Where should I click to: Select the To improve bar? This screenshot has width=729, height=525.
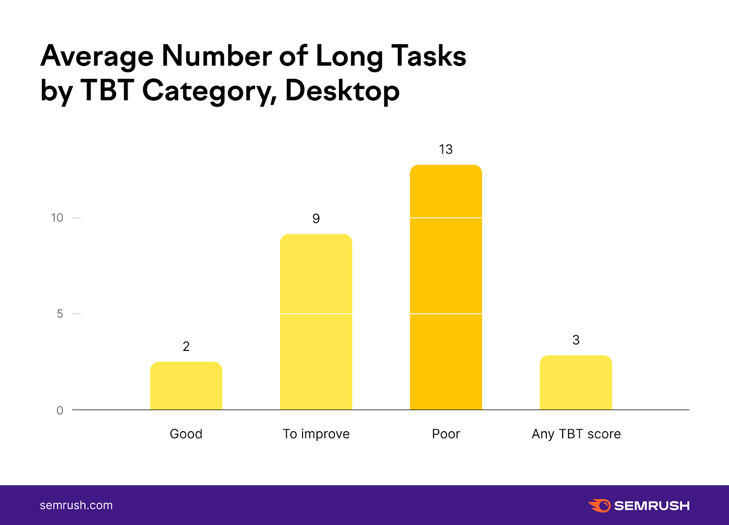click(x=316, y=322)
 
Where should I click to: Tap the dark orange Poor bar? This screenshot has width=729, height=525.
click(x=446, y=287)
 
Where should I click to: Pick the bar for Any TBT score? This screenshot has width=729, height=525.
click(x=575, y=382)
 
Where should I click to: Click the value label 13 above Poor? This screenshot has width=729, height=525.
click(x=446, y=149)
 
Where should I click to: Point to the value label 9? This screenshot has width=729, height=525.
click(x=316, y=219)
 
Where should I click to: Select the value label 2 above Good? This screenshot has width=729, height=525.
click(x=186, y=347)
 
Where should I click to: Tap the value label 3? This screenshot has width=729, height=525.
click(x=575, y=340)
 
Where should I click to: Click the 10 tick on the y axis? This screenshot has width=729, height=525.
click(x=57, y=218)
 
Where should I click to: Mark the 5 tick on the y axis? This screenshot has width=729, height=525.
click(x=60, y=314)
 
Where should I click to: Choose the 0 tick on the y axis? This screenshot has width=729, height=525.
click(x=60, y=411)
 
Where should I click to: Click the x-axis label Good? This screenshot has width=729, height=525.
click(x=186, y=434)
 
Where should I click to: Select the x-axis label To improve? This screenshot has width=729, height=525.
click(x=316, y=434)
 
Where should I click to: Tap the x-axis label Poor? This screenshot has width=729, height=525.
click(x=446, y=434)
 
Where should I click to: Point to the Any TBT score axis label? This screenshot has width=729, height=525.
click(x=576, y=434)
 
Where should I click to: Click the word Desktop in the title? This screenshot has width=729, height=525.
click(x=342, y=91)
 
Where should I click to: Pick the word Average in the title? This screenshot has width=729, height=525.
click(x=97, y=57)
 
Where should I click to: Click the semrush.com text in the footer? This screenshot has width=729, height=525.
click(x=76, y=505)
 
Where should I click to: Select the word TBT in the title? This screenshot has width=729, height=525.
click(x=107, y=91)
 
